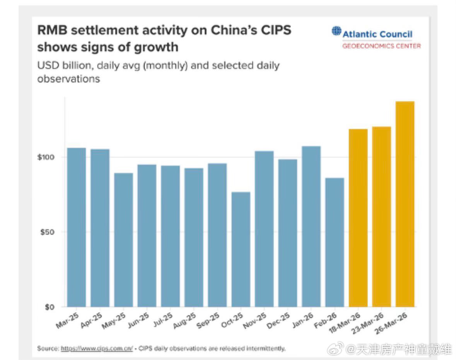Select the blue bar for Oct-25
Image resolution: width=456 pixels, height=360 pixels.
[x=241, y=249]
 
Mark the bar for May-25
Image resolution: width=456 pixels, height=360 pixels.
[x=123, y=240]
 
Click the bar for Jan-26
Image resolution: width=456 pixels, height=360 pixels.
[x=311, y=226]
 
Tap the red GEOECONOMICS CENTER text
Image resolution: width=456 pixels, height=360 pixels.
[x=381, y=46]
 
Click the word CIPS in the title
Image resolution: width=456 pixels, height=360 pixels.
[x=274, y=30]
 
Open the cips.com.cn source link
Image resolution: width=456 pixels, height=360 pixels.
[x=97, y=349]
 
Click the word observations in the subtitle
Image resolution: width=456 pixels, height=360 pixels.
[x=68, y=79]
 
